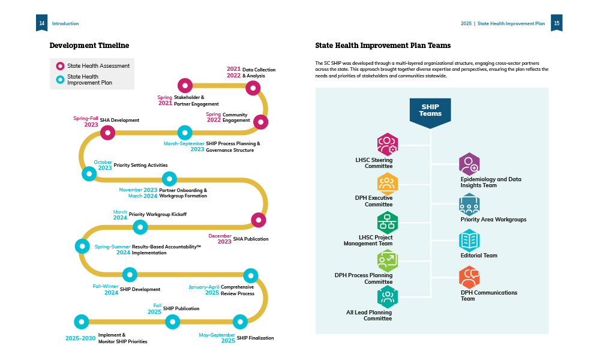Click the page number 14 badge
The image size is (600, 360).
click(41, 23)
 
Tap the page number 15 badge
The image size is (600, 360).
click(556, 23)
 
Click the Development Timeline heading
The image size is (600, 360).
click(89, 46)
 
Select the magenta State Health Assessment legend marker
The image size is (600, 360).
click(60, 66)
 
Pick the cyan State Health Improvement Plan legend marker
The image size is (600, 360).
click(60, 79)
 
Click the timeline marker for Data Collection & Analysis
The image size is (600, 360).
click(253, 88)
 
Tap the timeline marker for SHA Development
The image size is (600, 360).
click(107, 133)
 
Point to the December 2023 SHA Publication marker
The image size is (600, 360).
click(258, 220)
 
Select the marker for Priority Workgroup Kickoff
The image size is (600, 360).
click(140, 227)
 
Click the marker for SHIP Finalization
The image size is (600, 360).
click(240, 322)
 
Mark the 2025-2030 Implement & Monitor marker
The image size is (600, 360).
click(82, 322)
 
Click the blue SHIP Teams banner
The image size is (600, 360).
click(430, 112)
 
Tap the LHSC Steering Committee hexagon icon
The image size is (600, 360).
click(387, 144)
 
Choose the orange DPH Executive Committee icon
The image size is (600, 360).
click(387, 183)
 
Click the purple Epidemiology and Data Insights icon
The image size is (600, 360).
click(469, 164)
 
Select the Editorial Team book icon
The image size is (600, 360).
click(469, 241)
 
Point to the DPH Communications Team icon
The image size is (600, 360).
click(469, 277)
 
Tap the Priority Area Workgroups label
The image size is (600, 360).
click(493, 220)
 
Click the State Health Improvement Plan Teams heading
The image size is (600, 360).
click(383, 46)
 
